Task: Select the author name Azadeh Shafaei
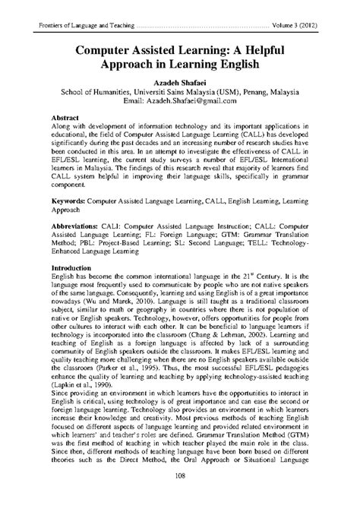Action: (x=179, y=80)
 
